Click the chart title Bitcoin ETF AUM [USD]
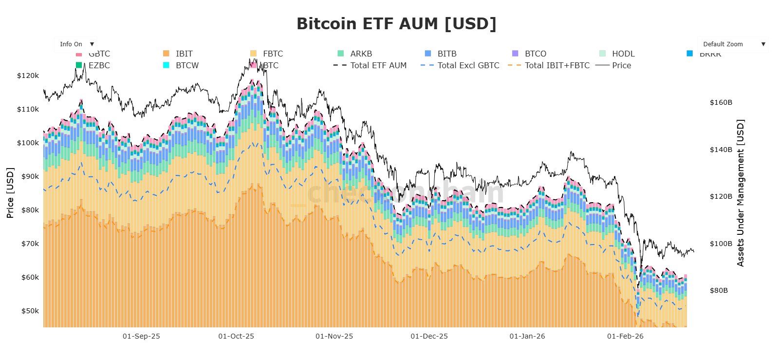point(396,24)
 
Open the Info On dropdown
point(75,44)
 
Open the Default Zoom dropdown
point(732,44)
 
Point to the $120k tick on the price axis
point(28,76)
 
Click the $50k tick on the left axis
point(30,311)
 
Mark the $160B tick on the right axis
point(721,102)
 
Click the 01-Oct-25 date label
point(236,336)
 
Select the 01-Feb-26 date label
point(625,336)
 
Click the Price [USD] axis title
point(10,193)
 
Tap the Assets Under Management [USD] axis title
point(741,193)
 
